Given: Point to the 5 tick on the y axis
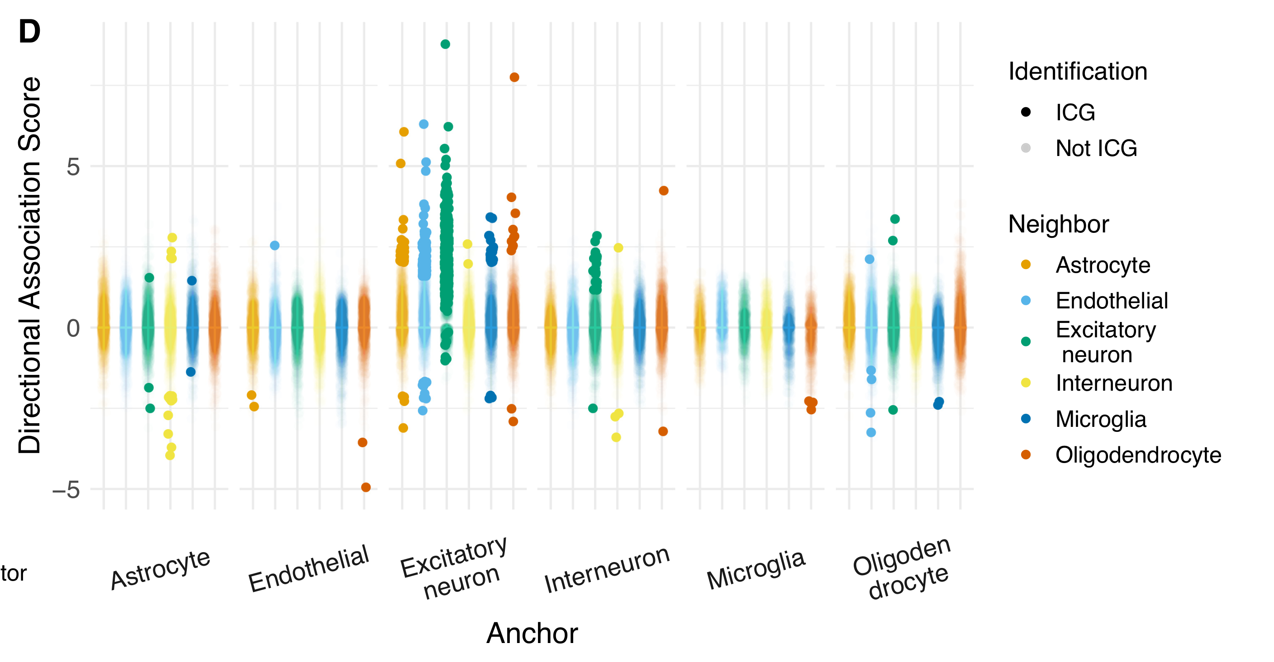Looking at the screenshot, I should pyautogui.click(x=73, y=166).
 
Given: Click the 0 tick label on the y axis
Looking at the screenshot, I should pyautogui.click(x=73, y=328).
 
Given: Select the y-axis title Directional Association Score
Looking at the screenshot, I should pyautogui.click(x=30, y=265).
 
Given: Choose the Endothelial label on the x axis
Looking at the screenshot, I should pyautogui.click(x=309, y=568).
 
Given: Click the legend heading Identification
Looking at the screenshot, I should pyautogui.click(x=1078, y=72).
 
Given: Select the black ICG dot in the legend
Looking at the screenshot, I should pyautogui.click(x=1026, y=112).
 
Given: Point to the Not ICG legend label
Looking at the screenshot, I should pyautogui.click(x=1096, y=148).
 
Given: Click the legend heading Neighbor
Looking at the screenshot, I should pyautogui.click(x=1058, y=224).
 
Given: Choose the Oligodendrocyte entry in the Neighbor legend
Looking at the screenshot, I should pyautogui.click(x=1138, y=455).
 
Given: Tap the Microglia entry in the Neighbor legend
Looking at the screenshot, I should pyautogui.click(x=1100, y=419).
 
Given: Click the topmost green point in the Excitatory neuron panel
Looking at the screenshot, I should pyautogui.click(x=445, y=44).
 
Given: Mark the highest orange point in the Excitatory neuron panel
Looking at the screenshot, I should pyautogui.click(x=514, y=77).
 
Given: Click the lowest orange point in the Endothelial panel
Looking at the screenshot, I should pyautogui.click(x=366, y=487).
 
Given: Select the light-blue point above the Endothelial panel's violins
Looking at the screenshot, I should pyautogui.click(x=275, y=246).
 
